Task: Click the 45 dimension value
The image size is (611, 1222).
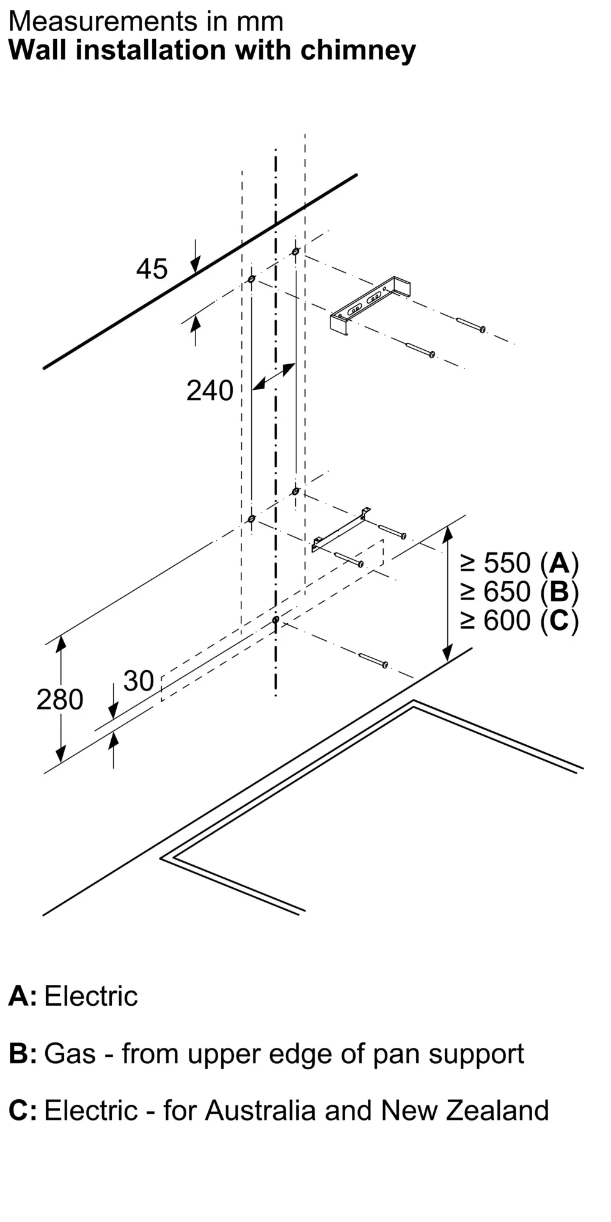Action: pyautogui.click(x=152, y=269)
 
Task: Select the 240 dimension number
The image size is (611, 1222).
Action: pyautogui.click(x=210, y=391)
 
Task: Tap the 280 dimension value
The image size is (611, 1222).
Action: pyautogui.click(x=59, y=700)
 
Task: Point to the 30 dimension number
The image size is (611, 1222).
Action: pyautogui.click(x=139, y=681)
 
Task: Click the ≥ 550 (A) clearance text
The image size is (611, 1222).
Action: pyautogui.click(x=519, y=563)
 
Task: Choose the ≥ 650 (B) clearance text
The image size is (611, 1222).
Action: pyautogui.click(x=519, y=591)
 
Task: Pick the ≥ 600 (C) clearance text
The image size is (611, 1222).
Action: pyautogui.click(x=519, y=621)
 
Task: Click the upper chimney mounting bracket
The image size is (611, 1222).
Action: pyautogui.click(x=370, y=306)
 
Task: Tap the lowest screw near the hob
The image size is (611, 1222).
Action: pyautogui.click(x=373, y=660)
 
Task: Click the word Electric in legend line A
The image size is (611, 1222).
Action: pyautogui.click(x=91, y=997)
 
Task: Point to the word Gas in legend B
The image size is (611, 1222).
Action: pyautogui.click(x=70, y=1054)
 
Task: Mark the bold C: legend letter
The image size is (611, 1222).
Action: pyautogui.click(x=23, y=1111)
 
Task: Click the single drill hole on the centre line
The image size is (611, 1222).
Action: pyautogui.click(x=276, y=620)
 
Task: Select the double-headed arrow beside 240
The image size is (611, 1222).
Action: pyautogui.click(x=274, y=376)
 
